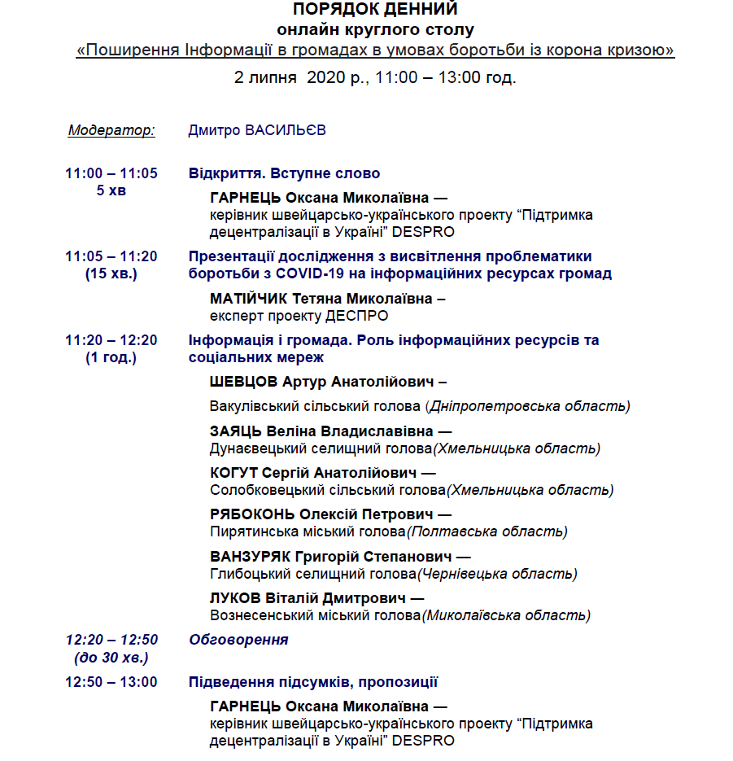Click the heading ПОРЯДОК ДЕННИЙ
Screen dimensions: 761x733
(375, 10)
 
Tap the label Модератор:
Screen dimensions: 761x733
(111, 130)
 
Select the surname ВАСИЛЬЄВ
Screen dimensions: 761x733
(286, 130)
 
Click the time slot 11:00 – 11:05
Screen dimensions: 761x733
(111, 173)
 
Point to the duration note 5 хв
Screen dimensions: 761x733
(111, 190)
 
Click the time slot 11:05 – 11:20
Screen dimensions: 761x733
(111, 256)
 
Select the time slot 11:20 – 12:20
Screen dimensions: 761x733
(111, 340)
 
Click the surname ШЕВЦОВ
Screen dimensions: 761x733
(244, 382)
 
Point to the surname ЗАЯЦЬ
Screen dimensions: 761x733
(235, 431)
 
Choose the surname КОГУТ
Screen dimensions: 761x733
(234, 473)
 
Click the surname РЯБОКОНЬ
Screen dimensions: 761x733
(253, 514)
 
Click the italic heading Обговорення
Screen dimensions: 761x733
(238, 640)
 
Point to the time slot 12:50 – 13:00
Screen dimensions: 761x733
(111, 682)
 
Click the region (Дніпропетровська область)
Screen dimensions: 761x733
(528, 406)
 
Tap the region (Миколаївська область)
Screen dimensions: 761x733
(506, 615)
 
